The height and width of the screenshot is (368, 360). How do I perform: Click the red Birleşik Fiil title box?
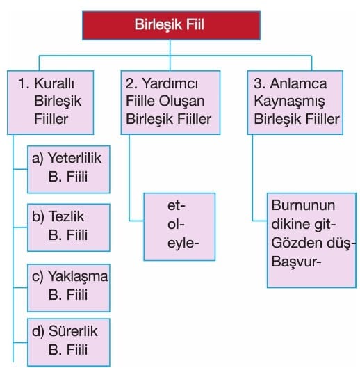click(171, 25)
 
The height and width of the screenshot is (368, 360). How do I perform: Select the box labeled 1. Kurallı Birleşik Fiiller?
click(51, 102)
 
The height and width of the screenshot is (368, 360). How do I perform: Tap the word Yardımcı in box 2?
click(170, 83)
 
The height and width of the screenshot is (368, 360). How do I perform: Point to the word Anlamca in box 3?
click(298, 83)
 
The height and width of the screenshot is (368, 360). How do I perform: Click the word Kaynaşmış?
click(289, 102)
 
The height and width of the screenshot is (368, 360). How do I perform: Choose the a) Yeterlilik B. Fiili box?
click(69, 170)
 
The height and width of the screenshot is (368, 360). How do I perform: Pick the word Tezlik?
click(66, 216)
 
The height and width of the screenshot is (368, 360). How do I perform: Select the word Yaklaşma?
click(78, 276)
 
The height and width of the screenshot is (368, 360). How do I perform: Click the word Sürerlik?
click(73, 331)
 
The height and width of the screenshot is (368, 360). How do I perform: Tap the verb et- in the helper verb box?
click(177, 206)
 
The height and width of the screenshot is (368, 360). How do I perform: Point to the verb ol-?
click(176, 224)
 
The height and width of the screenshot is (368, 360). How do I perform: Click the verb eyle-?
click(183, 243)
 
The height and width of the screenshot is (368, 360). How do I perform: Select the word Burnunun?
click(303, 206)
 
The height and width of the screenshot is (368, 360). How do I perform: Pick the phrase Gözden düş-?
click(313, 243)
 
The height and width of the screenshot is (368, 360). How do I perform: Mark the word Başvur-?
click(296, 262)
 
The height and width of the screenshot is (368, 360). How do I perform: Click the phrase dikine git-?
click(304, 224)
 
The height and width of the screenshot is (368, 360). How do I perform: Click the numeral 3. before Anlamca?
click(260, 83)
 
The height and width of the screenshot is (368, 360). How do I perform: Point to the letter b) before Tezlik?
click(38, 216)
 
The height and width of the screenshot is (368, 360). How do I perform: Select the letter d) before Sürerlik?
click(38, 332)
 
